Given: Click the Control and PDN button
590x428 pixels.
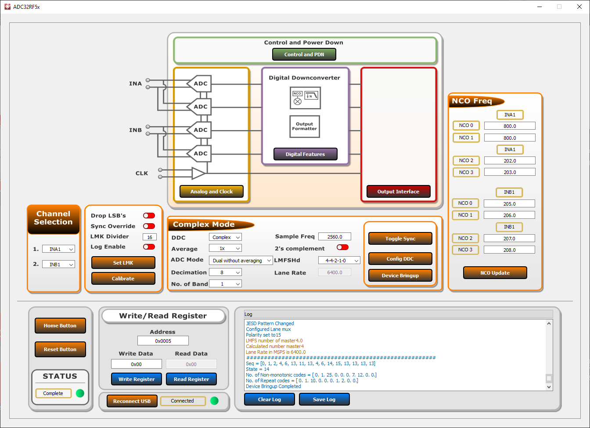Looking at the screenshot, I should point(304,54).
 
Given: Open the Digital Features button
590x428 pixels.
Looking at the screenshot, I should point(305,154).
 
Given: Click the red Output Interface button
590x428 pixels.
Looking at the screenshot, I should point(398,192).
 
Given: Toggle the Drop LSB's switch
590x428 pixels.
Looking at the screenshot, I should point(149,216).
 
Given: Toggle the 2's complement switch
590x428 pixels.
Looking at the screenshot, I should point(342,247).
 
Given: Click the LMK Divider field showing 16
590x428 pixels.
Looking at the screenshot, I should point(150,237).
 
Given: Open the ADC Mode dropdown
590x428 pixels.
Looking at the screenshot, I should point(241,261).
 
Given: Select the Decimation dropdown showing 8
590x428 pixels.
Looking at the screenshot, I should point(225,272).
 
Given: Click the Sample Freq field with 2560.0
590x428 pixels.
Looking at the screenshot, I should point(335,237).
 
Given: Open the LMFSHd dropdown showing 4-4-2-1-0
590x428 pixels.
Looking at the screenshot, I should point(339,261).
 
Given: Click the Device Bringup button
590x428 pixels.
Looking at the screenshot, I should point(400,276).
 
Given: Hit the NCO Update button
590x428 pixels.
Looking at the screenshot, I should point(495,273).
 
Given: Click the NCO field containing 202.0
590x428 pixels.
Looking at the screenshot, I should point(510,161).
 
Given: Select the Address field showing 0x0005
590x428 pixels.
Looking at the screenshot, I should point(163,341).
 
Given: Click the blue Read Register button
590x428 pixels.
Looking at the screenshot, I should point(191,379).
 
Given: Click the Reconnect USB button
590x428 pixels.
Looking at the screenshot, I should point(132,401).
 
